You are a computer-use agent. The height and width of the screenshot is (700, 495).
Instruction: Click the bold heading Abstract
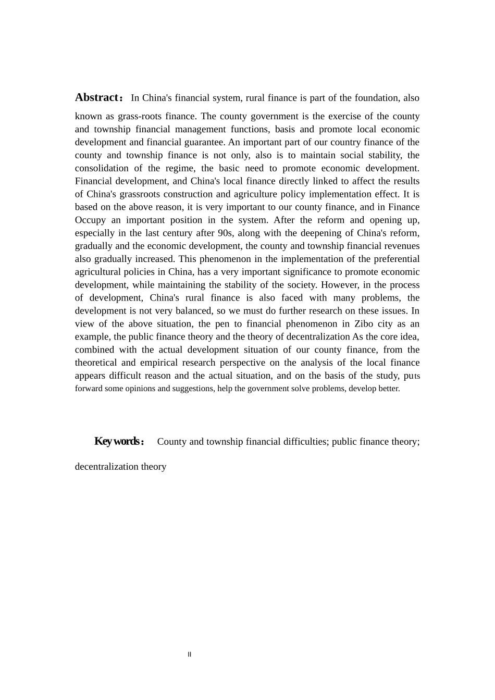[x=97, y=97]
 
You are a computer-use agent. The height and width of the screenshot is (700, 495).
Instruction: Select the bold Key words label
[x=117, y=441]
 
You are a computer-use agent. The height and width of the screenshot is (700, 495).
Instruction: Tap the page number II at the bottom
[x=190, y=655]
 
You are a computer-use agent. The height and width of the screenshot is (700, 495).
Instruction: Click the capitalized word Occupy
[x=90, y=220]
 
